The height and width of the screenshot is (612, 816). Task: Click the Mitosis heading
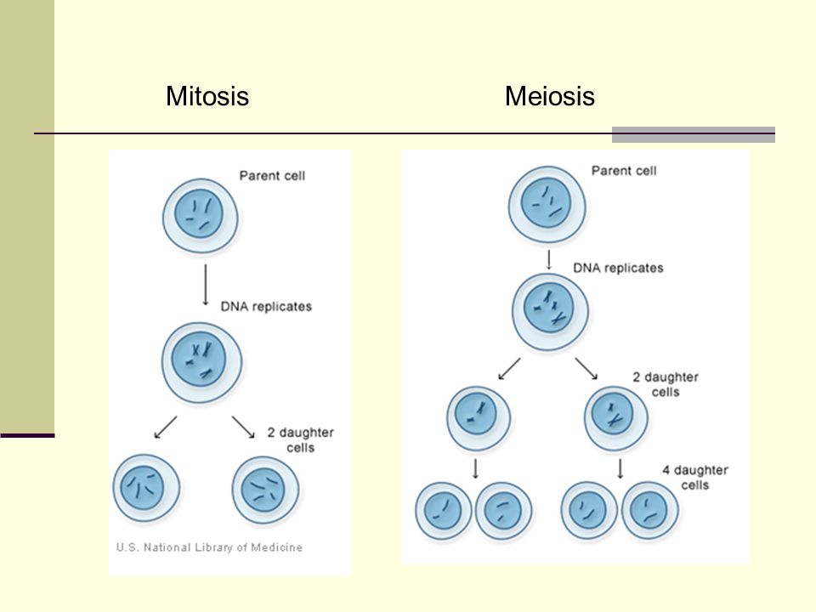click(x=207, y=96)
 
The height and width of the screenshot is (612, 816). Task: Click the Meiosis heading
click(x=550, y=96)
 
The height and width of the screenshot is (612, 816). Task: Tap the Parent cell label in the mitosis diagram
click(x=272, y=176)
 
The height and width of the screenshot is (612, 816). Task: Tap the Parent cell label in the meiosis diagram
click(x=624, y=171)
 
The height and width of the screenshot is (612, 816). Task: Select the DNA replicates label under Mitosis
click(x=266, y=307)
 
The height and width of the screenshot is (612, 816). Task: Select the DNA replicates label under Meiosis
click(x=618, y=268)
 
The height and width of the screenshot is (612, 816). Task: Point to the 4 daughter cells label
click(x=694, y=478)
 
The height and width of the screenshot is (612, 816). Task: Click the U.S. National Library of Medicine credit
click(x=209, y=547)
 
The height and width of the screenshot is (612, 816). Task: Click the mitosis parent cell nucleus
click(x=199, y=213)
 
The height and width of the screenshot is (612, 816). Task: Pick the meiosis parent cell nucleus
click(x=546, y=202)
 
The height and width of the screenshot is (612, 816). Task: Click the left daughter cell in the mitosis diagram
click(x=146, y=488)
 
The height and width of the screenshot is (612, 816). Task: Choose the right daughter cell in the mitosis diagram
click(x=265, y=490)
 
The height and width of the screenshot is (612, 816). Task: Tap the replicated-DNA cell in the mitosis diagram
click(x=202, y=362)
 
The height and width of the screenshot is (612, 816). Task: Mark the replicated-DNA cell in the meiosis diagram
click(x=550, y=312)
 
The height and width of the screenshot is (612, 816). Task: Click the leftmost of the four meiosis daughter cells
click(x=444, y=511)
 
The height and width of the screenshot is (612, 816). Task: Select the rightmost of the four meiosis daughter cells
click(x=650, y=510)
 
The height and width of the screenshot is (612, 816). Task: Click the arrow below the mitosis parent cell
click(x=206, y=285)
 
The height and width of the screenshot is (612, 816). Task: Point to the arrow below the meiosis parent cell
click(x=548, y=259)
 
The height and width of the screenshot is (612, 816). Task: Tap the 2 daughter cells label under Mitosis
click(x=300, y=440)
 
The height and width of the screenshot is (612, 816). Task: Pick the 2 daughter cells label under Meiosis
click(x=666, y=384)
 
